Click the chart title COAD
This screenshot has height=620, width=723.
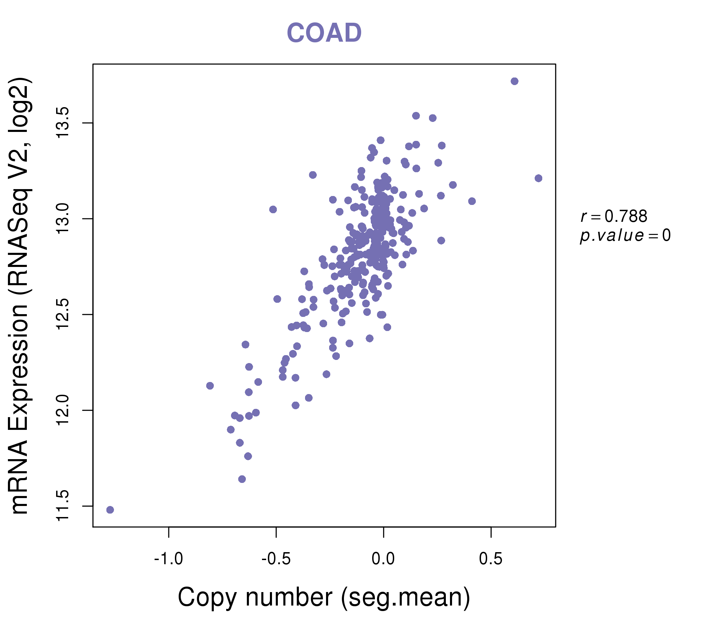pyautogui.click(x=324, y=33)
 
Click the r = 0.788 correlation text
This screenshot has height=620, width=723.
pyautogui.click(x=614, y=216)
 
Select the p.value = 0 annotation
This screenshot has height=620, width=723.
pyautogui.click(x=625, y=236)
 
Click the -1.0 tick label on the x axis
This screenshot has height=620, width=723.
pyautogui.click(x=169, y=559)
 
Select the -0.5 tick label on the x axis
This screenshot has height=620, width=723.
pyautogui.click(x=276, y=559)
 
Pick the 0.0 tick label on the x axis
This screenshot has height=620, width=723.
pyautogui.click(x=383, y=559)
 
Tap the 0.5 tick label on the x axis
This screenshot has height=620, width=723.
pyautogui.click(x=491, y=559)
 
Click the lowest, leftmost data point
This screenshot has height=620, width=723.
pyautogui.click(x=110, y=510)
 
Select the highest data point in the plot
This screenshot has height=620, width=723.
pyautogui.click(x=514, y=81)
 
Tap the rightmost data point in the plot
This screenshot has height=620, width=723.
pyautogui.click(x=538, y=178)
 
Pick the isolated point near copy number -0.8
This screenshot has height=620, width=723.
pyautogui.click(x=210, y=386)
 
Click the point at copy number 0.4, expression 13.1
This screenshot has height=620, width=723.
pyautogui.click(x=472, y=201)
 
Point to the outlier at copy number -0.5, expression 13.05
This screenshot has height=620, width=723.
pyautogui.click(x=273, y=209)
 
